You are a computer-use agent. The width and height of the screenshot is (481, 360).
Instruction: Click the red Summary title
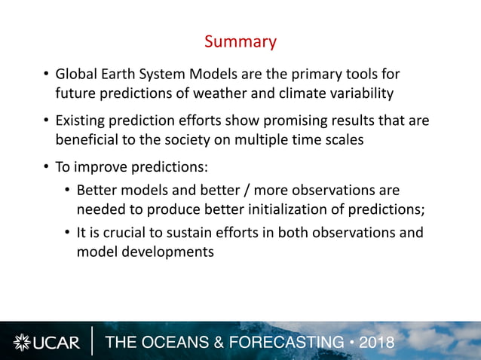pos(240,41)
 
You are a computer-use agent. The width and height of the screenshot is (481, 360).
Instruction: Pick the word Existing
pos(83,121)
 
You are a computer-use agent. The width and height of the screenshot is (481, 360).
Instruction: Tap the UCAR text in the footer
pos(57,343)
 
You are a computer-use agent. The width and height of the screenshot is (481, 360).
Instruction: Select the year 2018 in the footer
pos(377,343)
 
